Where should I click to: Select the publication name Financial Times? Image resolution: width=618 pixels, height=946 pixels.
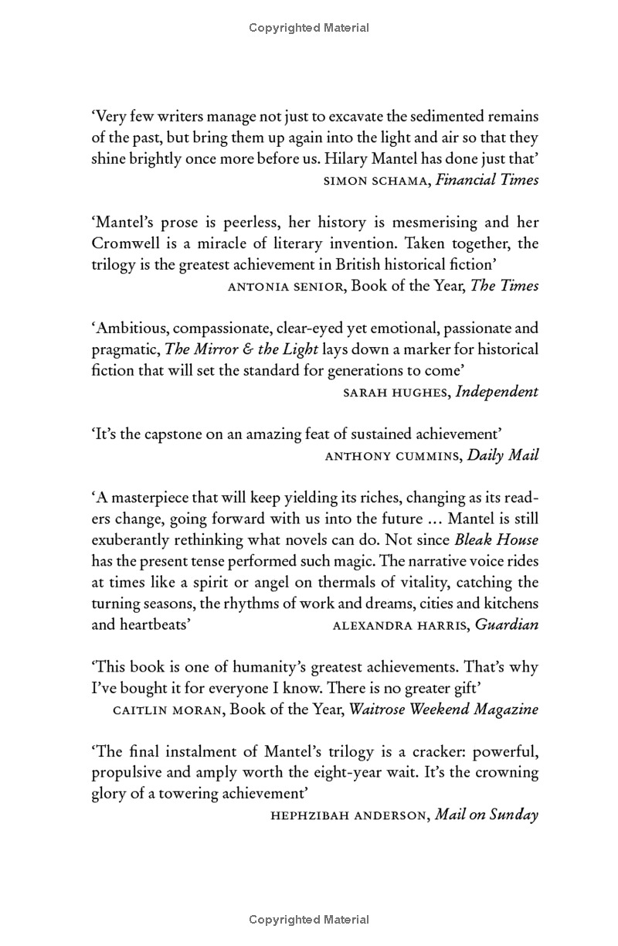(487, 180)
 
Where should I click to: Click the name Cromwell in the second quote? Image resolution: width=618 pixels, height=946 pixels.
(125, 243)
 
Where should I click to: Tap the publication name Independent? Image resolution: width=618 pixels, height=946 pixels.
(497, 392)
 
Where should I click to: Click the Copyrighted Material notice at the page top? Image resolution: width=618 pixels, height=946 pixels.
(309, 29)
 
